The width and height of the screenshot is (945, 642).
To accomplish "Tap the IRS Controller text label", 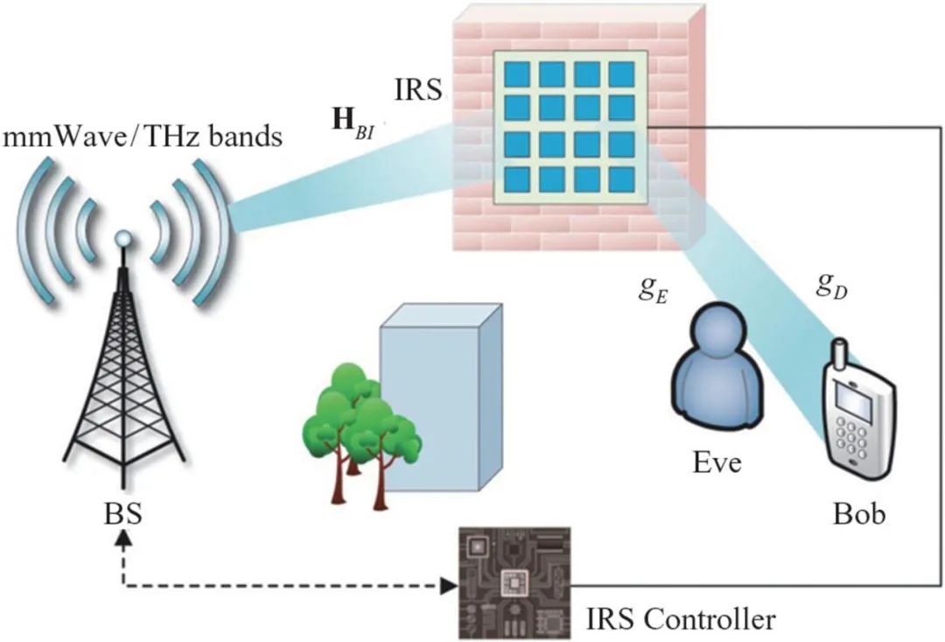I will click(x=680, y=620).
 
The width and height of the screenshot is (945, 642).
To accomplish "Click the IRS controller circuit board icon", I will click(x=514, y=582).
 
